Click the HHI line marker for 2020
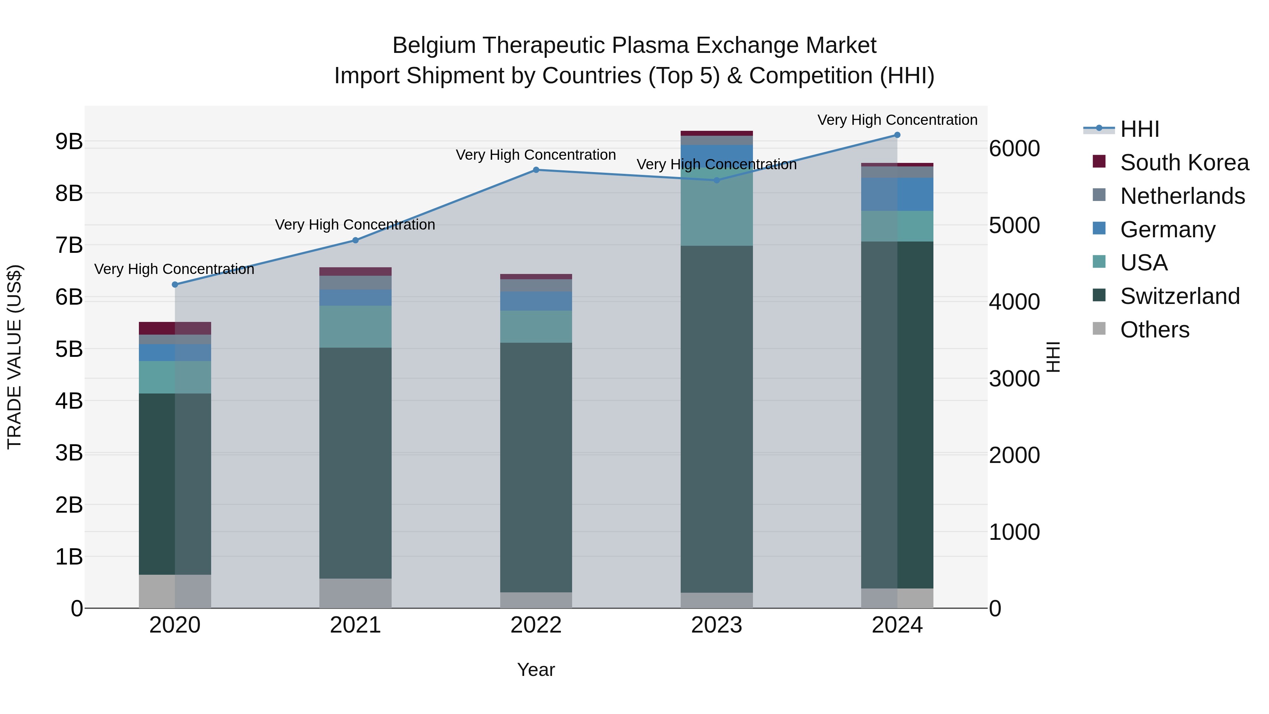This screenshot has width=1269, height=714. pyautogui.click(x=175, y=284)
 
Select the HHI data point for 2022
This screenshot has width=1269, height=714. pyautogui.click(x=536, y=170)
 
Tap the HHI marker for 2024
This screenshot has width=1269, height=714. pyautogui.click(x=897, y=135)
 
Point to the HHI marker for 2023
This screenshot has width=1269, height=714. pyautogui.click(x=717, y=180)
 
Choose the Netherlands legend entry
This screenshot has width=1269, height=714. pyautogui.click(x=1182, y=196)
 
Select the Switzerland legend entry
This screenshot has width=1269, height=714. pyautogui.click(x=1179, y=296)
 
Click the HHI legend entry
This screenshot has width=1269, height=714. pyautogui.click(x=1139, y=129)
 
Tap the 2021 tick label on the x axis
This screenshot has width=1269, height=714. pyautogui.click(x=355, y=625)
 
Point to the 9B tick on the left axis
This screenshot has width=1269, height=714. pyautogui.click(x=69, y=141)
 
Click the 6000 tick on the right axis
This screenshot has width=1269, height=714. pyautogui.click(x=1014, y=148)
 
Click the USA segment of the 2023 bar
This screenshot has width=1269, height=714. pyautogui.click(x=717, y=207)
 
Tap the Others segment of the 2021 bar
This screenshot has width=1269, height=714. pyautogui.click(x=355, y=593)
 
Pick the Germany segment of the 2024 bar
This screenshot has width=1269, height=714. pyautogui.click(x=897, y=194)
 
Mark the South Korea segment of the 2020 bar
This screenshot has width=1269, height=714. pyautogui.click(x=175, y=328)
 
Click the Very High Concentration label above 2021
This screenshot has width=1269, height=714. pyautogui.click(x=355, y=225)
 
